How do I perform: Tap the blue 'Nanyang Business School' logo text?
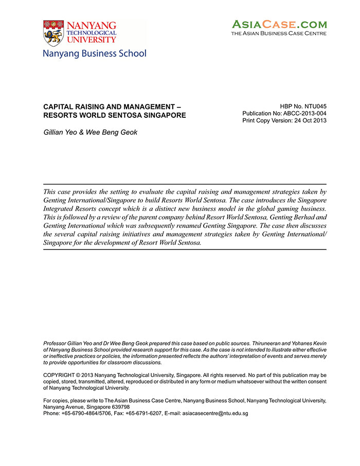pos(95,53)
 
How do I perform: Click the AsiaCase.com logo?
pos(279,24)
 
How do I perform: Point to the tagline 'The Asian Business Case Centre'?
pos(279,33)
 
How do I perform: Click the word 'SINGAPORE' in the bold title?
pos(162,115)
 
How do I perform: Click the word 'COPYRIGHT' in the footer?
pos(59,375)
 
